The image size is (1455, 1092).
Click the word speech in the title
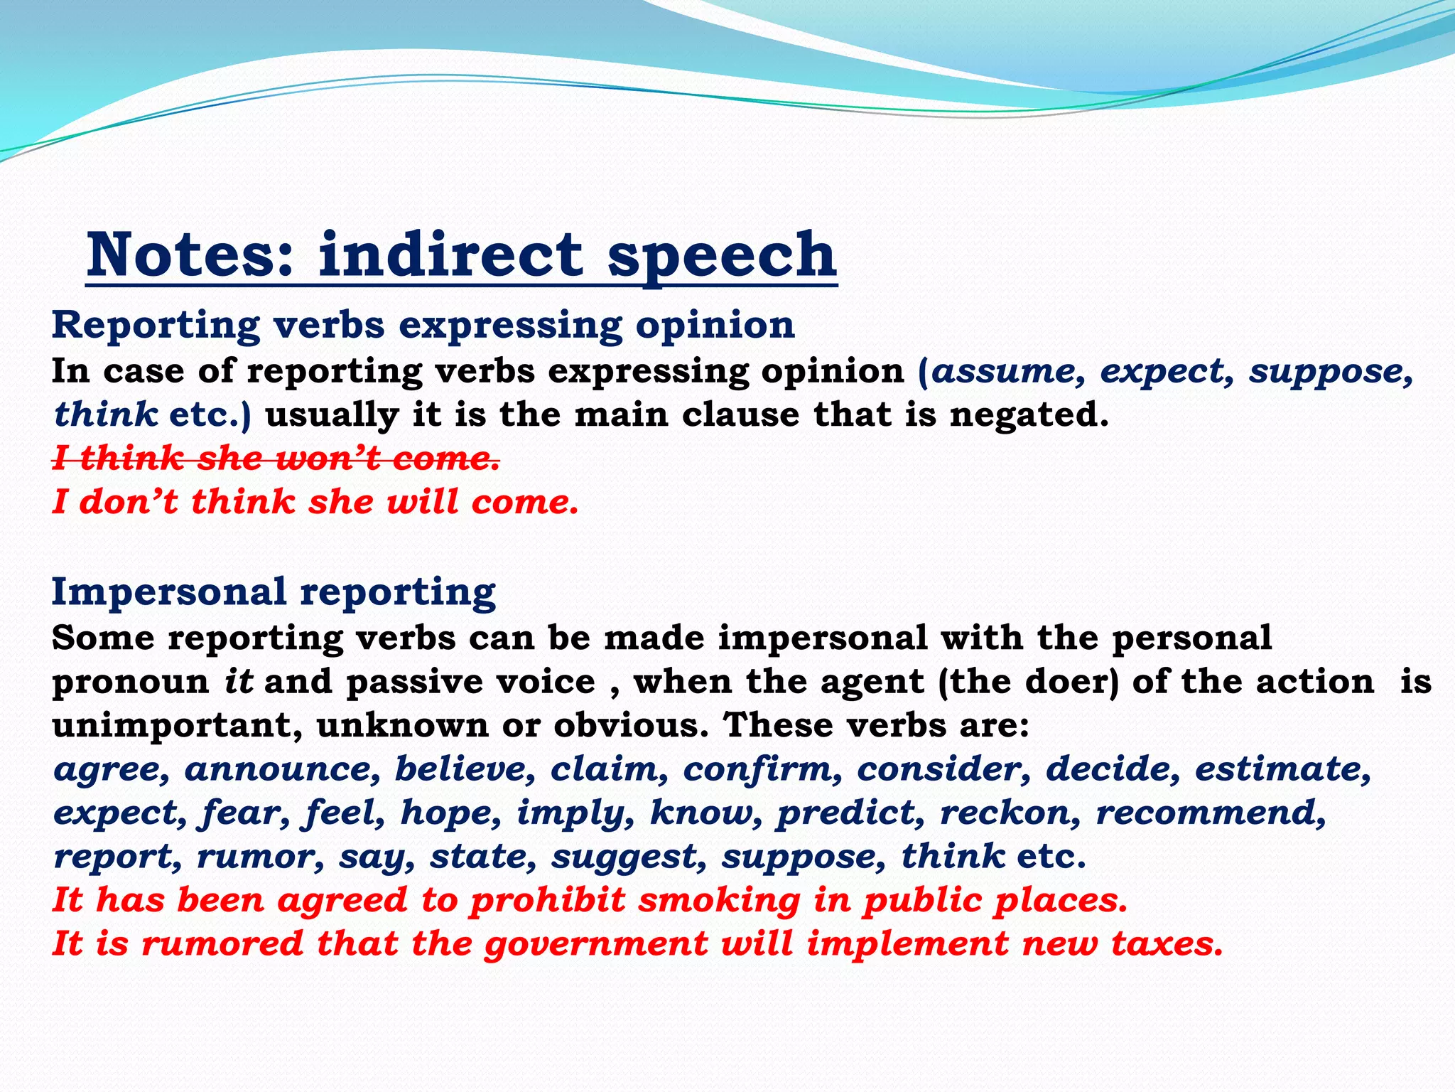722,256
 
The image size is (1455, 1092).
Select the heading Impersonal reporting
274,591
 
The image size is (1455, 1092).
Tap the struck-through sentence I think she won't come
276,458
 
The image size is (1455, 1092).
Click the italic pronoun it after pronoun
239,682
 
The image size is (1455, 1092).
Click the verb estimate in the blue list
1282,769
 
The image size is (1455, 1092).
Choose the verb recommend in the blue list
1211,813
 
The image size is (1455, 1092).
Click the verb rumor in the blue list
260,856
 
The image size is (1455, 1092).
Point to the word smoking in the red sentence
719,900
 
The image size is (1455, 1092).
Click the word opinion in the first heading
715,326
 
